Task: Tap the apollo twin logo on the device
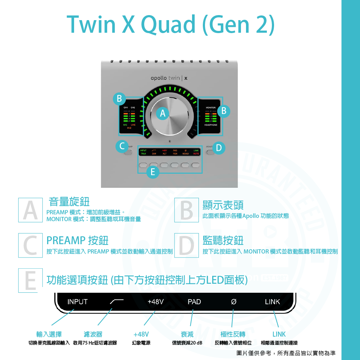point(169,78)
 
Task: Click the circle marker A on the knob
point(163,114)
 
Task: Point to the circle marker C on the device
point(122,147)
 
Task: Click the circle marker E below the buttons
point(152,173)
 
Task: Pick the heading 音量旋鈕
point(69,202)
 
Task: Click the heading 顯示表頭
point(223,205)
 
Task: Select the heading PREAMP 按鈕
point(77,240)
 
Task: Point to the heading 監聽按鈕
point(223,240)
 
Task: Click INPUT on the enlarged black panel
point(77,302)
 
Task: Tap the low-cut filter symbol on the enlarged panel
point(117,302)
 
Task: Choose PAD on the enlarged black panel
point(194,302)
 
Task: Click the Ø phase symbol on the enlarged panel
point(233,302)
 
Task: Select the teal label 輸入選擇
point(49,334)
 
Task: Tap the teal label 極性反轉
point(233,334)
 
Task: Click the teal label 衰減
point(187,334)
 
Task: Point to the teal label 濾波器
point(93,334)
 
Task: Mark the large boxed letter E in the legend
point(31,281)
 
